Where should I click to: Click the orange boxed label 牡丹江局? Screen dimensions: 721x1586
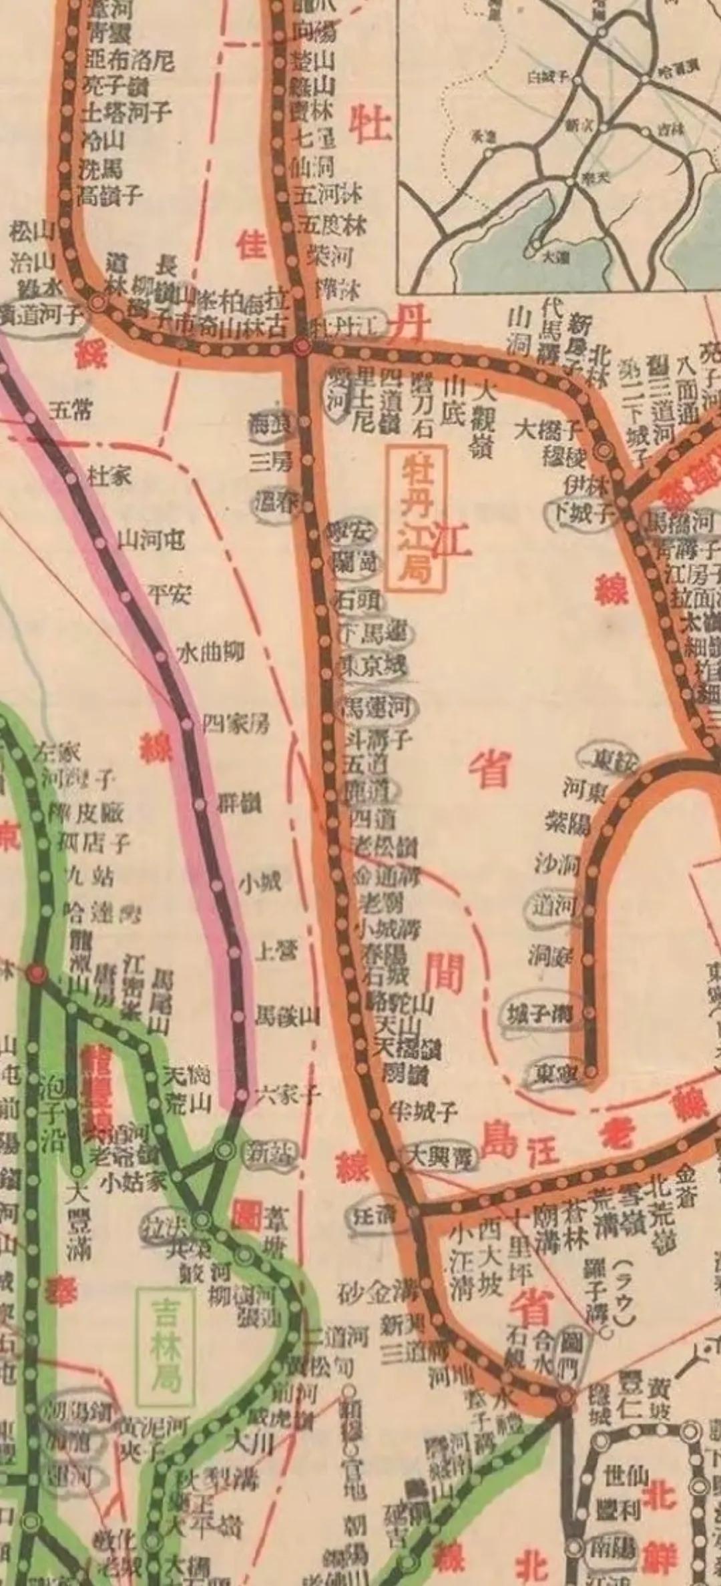[x=417, y=519]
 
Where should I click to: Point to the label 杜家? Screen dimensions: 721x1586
[x=109, y=476]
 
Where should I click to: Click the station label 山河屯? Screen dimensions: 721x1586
[x=152, y=539]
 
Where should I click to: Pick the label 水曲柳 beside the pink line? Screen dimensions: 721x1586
[x=210, y=651]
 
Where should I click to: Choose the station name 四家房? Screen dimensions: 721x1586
[x=236, y=723]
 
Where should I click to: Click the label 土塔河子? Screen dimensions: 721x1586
[x=127, y=111]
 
